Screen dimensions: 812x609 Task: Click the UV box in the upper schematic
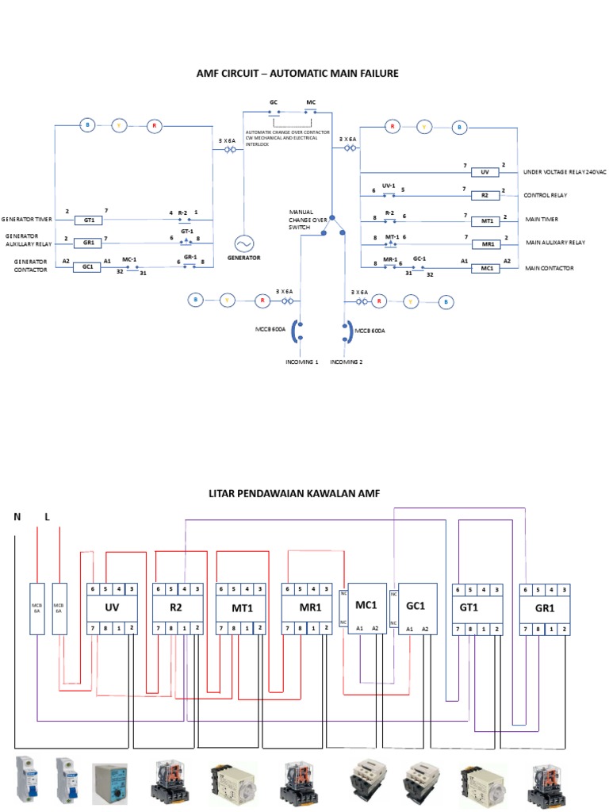[x=485, y=172]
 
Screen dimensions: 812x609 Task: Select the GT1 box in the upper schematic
[x=89, y=220]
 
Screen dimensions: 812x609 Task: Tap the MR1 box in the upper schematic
[x=485, y=244]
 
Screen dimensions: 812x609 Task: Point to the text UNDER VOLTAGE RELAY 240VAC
[x=564, y=172]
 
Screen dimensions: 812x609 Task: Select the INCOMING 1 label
[x=301, y=362]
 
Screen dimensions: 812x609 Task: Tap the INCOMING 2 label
[x=346, y=362]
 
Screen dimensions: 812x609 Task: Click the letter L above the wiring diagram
[x=47, y=517]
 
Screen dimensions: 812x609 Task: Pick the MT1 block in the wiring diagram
[x=241, y=607]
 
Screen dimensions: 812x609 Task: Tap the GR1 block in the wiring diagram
[x=543, y=608]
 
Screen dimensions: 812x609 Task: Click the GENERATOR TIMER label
[x=26, y=219]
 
